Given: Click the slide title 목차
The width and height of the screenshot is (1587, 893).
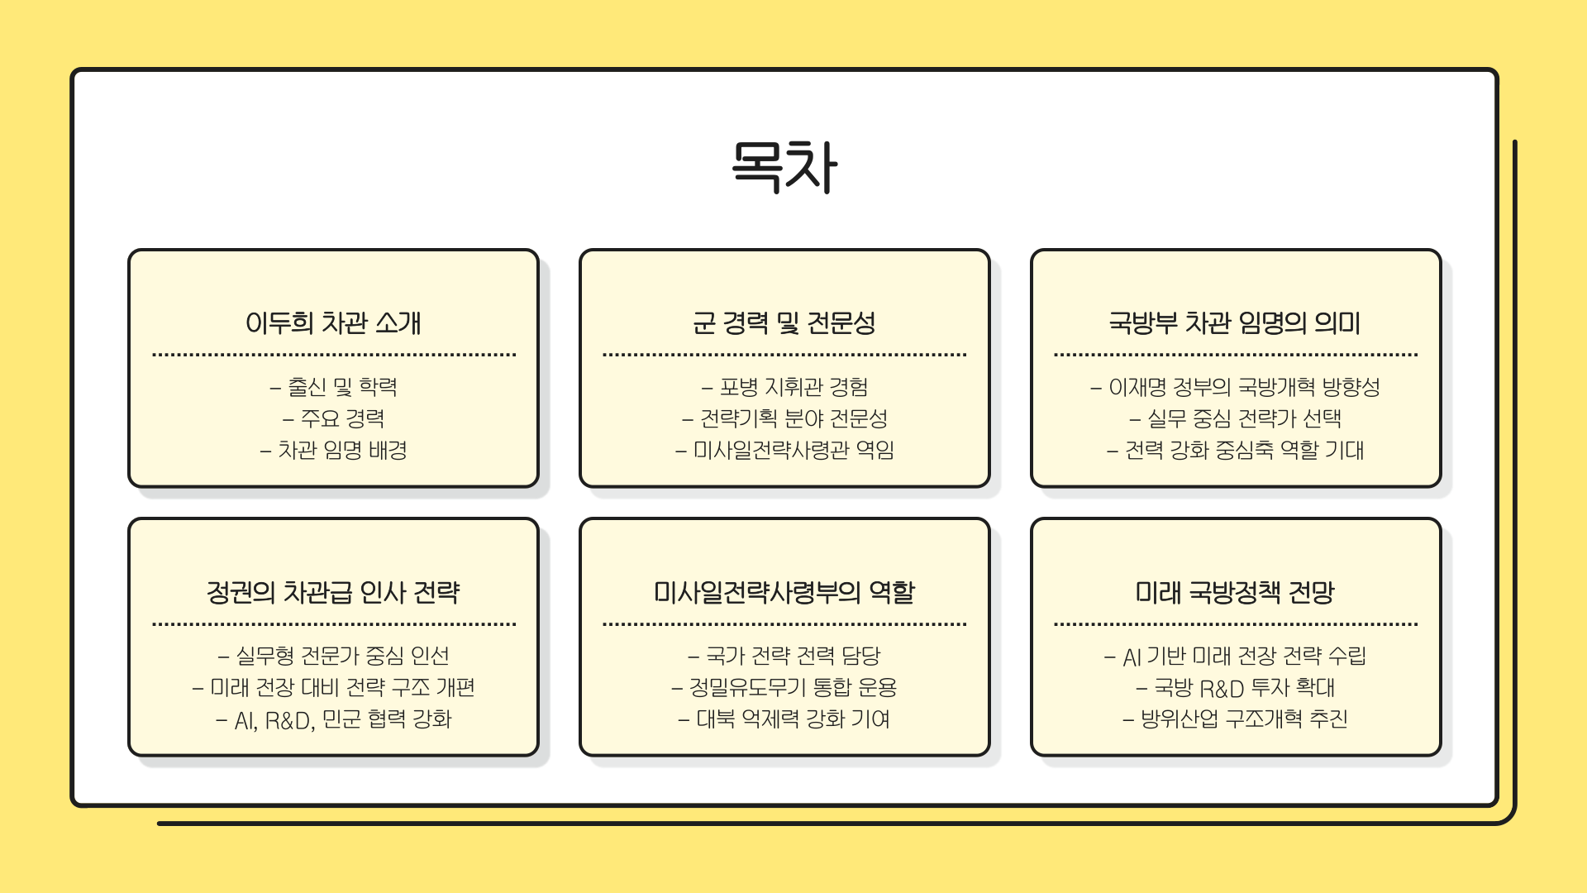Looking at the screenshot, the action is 784,166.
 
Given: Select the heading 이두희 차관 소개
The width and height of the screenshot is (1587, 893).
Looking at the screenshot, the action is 333,322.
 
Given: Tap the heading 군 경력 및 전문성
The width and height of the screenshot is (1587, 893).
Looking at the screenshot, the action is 784,322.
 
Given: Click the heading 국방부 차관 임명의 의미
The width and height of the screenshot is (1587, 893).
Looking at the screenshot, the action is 1235,322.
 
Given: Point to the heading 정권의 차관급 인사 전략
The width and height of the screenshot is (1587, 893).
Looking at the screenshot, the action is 333,592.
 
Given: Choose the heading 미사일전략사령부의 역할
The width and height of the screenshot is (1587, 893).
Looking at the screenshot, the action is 784,592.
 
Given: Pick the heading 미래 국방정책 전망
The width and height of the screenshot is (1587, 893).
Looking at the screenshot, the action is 1235,592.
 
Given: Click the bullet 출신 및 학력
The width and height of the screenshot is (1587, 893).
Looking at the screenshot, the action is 341,387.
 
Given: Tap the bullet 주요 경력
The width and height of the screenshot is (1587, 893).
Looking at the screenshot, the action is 341,418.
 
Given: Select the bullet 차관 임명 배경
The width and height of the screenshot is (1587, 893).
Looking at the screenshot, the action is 341,450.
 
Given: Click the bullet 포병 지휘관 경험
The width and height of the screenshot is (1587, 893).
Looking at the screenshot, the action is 793,387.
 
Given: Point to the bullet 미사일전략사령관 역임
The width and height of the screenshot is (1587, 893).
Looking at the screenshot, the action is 793,450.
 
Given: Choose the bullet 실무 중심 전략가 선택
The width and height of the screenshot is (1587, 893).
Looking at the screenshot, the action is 1243,418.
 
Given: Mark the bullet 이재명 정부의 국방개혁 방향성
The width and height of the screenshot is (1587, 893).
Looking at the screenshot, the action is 1243,387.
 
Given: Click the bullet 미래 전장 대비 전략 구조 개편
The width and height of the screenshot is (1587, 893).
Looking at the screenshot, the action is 341,687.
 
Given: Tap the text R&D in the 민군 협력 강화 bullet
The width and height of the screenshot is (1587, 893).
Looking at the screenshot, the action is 289,720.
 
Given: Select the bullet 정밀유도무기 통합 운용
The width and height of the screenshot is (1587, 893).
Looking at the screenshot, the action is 793,687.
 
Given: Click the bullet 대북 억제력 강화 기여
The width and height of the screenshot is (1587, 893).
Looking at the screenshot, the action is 793,719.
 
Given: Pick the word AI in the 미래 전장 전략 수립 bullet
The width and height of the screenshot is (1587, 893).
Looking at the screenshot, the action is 1132,657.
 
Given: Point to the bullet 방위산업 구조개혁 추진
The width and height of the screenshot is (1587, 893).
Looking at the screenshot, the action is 1243,719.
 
